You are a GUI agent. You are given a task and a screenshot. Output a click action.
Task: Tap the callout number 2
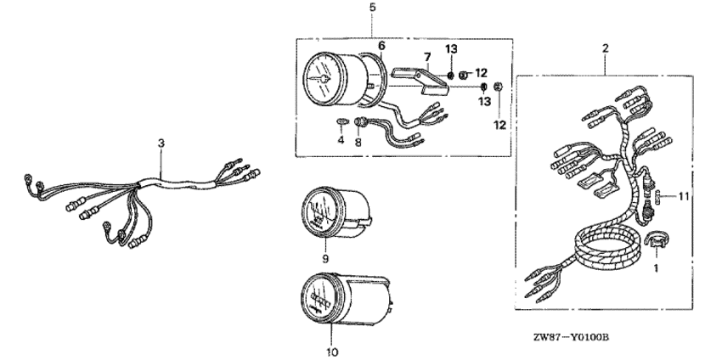coord(606,48)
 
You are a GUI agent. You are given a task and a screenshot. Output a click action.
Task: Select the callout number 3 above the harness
coord(161,145)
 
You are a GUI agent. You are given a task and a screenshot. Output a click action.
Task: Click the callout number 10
coord(332,351)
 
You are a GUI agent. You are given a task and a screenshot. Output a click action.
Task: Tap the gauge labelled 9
coord(331,211)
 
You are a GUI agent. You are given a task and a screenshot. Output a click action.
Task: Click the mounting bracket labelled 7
coord(430,75)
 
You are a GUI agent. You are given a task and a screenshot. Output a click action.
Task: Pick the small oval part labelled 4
coord(341,123)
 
